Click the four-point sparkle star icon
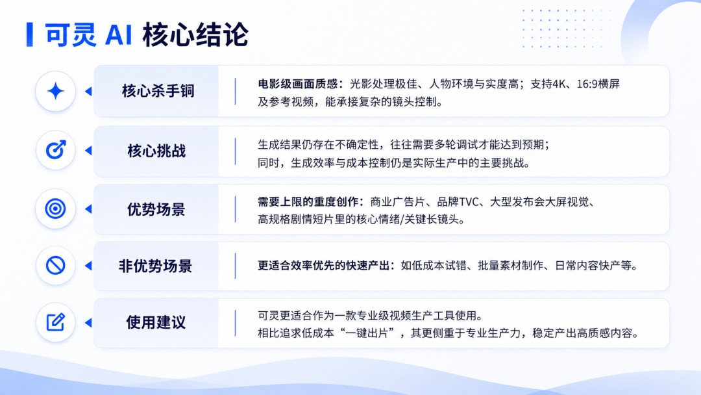click(55, 91)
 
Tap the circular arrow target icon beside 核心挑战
click(56, 150)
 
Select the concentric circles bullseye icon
click(55, 209)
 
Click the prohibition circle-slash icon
click(55, 266)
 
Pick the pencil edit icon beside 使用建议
click(56, 322)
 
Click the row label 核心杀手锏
click(158, 91)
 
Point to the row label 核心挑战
click(156, 151)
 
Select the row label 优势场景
click(156, 209)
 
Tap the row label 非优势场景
click(155, 266)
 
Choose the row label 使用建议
click(156, 322)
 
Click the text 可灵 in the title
click(71, 34)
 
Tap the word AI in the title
click(119, 35)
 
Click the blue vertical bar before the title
click(29, 34)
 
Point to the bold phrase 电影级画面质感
click(298, 84)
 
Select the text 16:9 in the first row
click(587, 84)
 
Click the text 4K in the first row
click(559, 84)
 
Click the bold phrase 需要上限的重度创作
click(308, 202)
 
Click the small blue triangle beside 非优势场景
click(88, 266)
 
